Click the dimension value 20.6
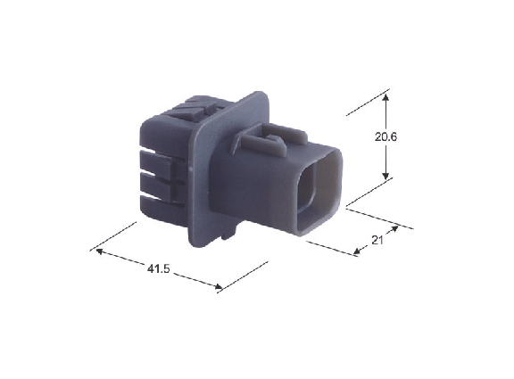[x=385, y=136]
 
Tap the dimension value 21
[x=377, y=241]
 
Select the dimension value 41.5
[x=158, y=269]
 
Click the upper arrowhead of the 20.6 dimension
[x=386, y=97]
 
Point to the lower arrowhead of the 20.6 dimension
[x=386, y=176]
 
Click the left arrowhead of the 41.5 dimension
[x=100, y=251]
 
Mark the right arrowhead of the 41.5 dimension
[x=218, y=286]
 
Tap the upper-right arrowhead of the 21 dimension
[x=394, y=229]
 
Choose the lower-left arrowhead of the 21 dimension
[x=357, y=251]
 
